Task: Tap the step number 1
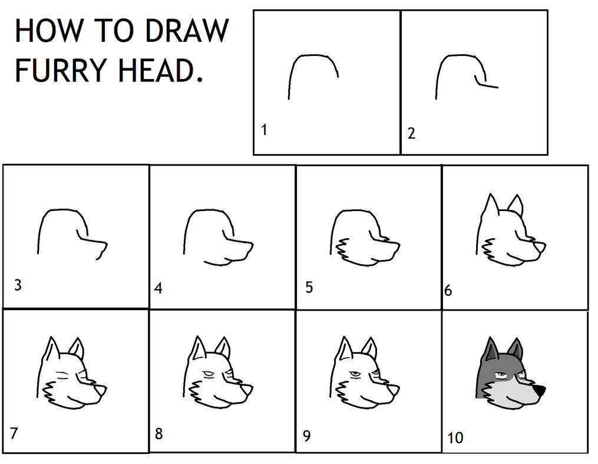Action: coord(265,130)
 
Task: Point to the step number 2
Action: coord(411,133)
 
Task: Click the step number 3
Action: coord(18,285)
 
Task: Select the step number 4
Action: coord(158,288)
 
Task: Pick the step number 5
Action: coord(309,288)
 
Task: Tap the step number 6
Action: coord(448,290)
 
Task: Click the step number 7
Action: coord(14,433)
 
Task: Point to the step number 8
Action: coord(158,434)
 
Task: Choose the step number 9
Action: coord(306,436)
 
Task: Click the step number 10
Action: coord(455,437)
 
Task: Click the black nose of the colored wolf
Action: coord(540,390)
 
